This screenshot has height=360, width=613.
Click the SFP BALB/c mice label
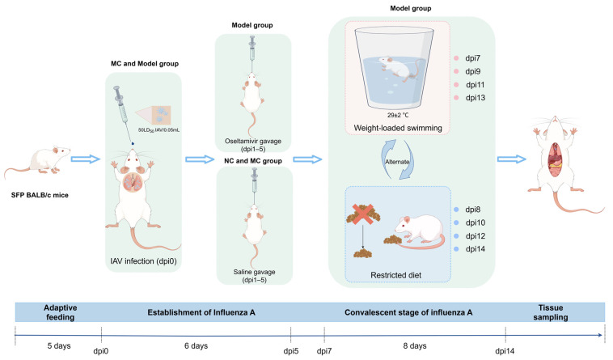pos(40,195)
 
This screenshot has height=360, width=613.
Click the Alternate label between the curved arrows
pos(397,162)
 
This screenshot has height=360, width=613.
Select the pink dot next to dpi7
pos(456,58)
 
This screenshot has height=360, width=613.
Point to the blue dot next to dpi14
pos(456,249)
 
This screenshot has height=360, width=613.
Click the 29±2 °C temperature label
pos(398,116)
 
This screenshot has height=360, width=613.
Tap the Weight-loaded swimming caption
pos(398,128)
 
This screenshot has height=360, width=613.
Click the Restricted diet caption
pos(395,275)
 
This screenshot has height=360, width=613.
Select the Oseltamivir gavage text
pos(252,141)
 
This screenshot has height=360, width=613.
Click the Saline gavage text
pos(254,272)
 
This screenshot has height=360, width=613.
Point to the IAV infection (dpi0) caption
pos(143,261)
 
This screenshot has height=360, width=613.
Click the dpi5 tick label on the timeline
pos(291,350)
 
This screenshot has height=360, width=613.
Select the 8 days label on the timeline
pos(415,346)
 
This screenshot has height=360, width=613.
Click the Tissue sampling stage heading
pos(551,312)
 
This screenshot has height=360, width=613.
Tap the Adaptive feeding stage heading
pos(60,312)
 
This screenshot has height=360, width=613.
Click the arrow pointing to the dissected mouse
pos(511,159)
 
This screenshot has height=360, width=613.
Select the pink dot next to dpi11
pos(456,85)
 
